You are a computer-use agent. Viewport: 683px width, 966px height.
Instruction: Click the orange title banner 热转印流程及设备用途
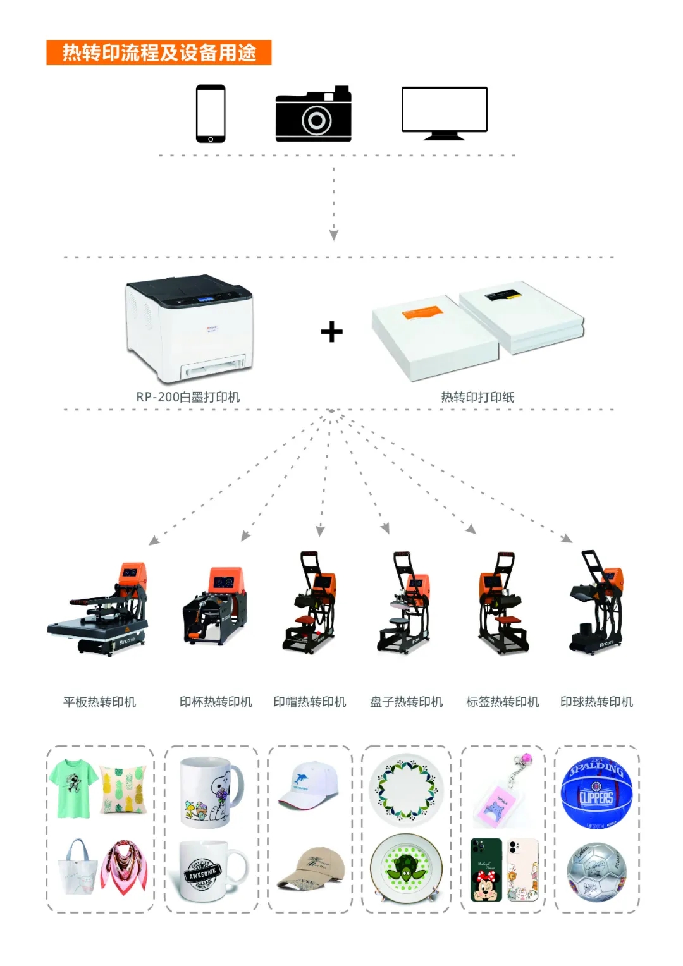[159, 52]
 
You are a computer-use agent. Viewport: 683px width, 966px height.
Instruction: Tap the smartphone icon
[211, 114]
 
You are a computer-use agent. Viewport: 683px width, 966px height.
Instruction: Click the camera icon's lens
[316, 120]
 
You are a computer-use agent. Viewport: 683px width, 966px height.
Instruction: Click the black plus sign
[331, 332]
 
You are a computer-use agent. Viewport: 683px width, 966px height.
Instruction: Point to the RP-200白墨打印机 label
[188, 397]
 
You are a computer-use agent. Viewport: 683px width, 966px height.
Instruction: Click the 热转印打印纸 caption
[477, 397]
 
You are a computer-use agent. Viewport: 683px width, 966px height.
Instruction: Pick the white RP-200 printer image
[189, 329]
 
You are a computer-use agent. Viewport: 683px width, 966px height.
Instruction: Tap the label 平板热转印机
[99, 702]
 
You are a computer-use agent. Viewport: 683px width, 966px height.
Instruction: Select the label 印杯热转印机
[216, 702]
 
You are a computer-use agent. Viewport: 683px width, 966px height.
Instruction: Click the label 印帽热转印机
[310, 702]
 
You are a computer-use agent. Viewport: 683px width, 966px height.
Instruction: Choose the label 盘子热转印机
[406, 702]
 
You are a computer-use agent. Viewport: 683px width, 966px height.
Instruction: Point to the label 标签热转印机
[502, 702]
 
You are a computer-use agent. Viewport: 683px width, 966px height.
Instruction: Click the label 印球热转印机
[596, 702]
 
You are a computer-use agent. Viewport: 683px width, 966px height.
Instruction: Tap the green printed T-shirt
[74, 788]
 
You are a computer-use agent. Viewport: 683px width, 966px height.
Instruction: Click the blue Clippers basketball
[596, 794]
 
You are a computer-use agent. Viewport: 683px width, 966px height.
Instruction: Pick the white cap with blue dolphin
[309, 786]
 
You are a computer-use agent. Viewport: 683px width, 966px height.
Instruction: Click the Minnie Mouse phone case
[486, 870]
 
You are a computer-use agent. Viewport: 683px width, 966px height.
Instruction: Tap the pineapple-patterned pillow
[124, 789]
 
